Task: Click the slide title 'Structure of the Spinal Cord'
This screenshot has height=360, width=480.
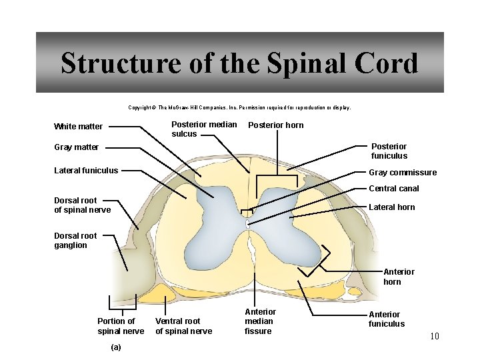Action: (x=239, y=63)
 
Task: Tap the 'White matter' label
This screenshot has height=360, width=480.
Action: (x=78, y=127)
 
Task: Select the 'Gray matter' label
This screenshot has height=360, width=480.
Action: (x=76, y=147)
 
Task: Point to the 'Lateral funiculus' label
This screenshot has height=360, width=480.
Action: (x=86, y=171)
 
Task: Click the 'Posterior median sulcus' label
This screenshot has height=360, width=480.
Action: (x=203, y=129)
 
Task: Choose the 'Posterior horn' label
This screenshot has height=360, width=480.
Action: (x=275, y=125)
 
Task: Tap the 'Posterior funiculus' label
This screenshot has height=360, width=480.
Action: (x=389, y=151)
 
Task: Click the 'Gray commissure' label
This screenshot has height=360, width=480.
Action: (x=403, y=173)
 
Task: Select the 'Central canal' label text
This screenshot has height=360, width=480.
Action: (x=394, y=189)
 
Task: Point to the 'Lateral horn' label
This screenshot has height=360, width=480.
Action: (x=391, y=207)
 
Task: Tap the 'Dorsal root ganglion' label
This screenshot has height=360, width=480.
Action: (x=75, y=241)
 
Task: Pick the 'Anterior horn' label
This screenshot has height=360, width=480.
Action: (x=398, y=277)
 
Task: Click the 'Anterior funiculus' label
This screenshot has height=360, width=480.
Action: (x=386, y=319)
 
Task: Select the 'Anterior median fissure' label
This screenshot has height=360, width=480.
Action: (x=260, y=321)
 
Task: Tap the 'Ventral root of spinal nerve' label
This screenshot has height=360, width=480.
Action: (x=183, y=326)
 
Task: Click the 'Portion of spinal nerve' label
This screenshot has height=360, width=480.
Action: (x=121, y=326)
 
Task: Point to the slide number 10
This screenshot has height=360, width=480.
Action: (x=434, y=336)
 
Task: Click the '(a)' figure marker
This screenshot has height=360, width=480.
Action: (x=115, y=347)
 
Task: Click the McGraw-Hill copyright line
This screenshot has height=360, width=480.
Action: (x=239, y=107)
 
